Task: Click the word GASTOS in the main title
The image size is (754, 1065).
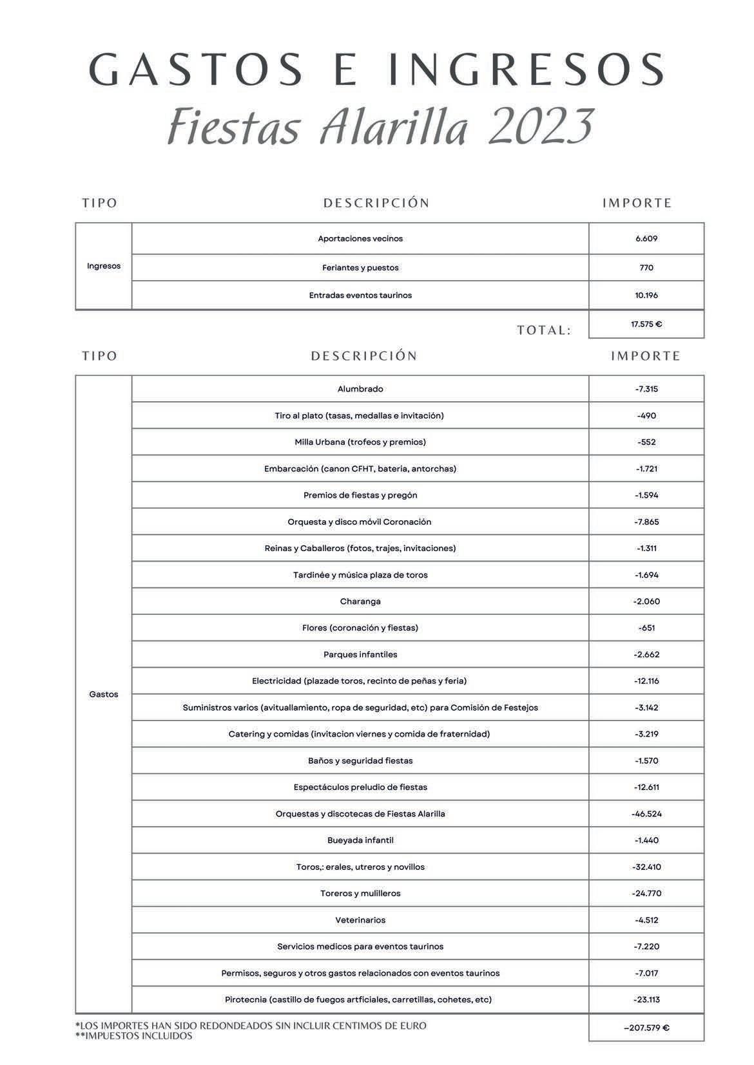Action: (x=196, y=69)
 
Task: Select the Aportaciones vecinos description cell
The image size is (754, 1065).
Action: (x=360, y=239)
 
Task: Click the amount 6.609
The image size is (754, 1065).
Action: (x=646, y=239)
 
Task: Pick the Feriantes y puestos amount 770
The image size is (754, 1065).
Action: (x=646, y=268)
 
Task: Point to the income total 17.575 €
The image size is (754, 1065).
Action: (x=646, y=325)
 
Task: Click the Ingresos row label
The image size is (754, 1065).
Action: (x=104, y=266)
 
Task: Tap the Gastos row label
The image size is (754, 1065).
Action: (x=104, y=694)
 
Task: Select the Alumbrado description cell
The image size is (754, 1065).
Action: (x=360, y=389)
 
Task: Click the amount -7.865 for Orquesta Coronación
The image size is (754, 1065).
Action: (x=646, y=522)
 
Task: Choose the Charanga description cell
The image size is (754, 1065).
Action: (x=360, y=601)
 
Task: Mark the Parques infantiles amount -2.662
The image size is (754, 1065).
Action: (x=646, y=654)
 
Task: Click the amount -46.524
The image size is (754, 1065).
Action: (x=646, y=814)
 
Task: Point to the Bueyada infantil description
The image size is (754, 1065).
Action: (x=360, y=840)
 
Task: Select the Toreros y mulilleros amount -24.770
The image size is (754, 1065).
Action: (x=646, y=893)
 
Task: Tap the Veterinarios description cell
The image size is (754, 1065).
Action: (x=360, y=920)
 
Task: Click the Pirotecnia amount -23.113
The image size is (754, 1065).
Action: (x=646, y=999)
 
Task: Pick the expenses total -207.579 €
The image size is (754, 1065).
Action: (x=646, y=1028)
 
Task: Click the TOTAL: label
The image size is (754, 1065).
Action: (x=544, y=330)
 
